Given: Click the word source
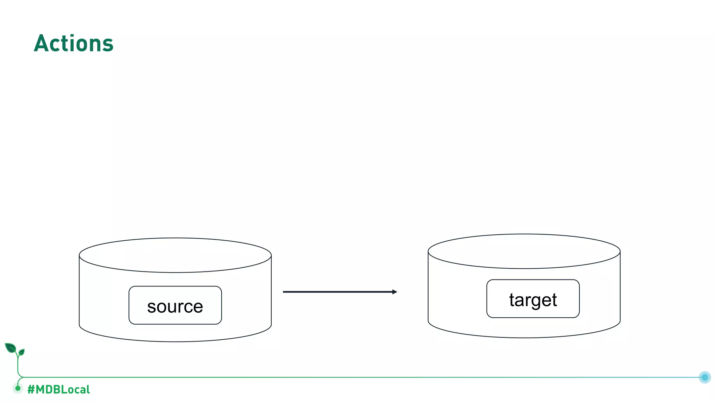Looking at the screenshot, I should pyautogui.click(x=175, y=307).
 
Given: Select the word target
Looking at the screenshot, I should pyautogui.click(x=533, y=300).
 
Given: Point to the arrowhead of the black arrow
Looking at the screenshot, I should pyautogui.click(x=395, y=292).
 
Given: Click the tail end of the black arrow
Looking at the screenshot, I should pyautogui.click(x=284, y=292).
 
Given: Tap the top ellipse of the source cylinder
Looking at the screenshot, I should pyautogui.click(x=175, y=255).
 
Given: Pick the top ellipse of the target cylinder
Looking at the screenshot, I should pyautogui.click(x=524, y=251).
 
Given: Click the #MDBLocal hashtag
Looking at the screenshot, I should pyautogui.click(x=58, y=389).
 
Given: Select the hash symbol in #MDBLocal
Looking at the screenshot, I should pyautogui.click(x=31, y=389).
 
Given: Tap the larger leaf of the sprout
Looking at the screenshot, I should pyautogui.click(x=10, y=348).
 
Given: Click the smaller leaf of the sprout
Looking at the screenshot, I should pyautogui.click(x=22, y=352).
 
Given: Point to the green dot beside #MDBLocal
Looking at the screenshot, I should pyautogui.click(x=18, y=388).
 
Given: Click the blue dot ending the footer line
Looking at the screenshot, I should pyautogui.click(x=705, y=377).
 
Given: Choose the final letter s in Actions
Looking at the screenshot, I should pyautogui.click(x=108, y=45).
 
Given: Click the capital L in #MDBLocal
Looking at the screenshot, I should pyautogui.click(x=64, y=389).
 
